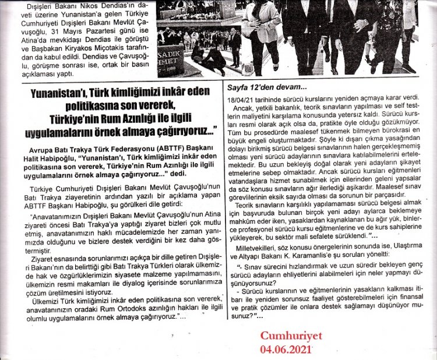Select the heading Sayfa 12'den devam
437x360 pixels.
click(x=260, y=87)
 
